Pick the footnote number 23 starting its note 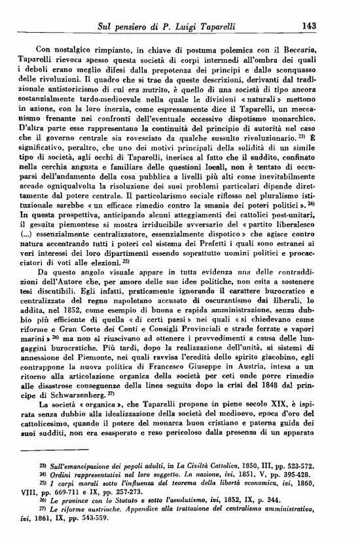[x=43, y=463]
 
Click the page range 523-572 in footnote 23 [x=320, y=464]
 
